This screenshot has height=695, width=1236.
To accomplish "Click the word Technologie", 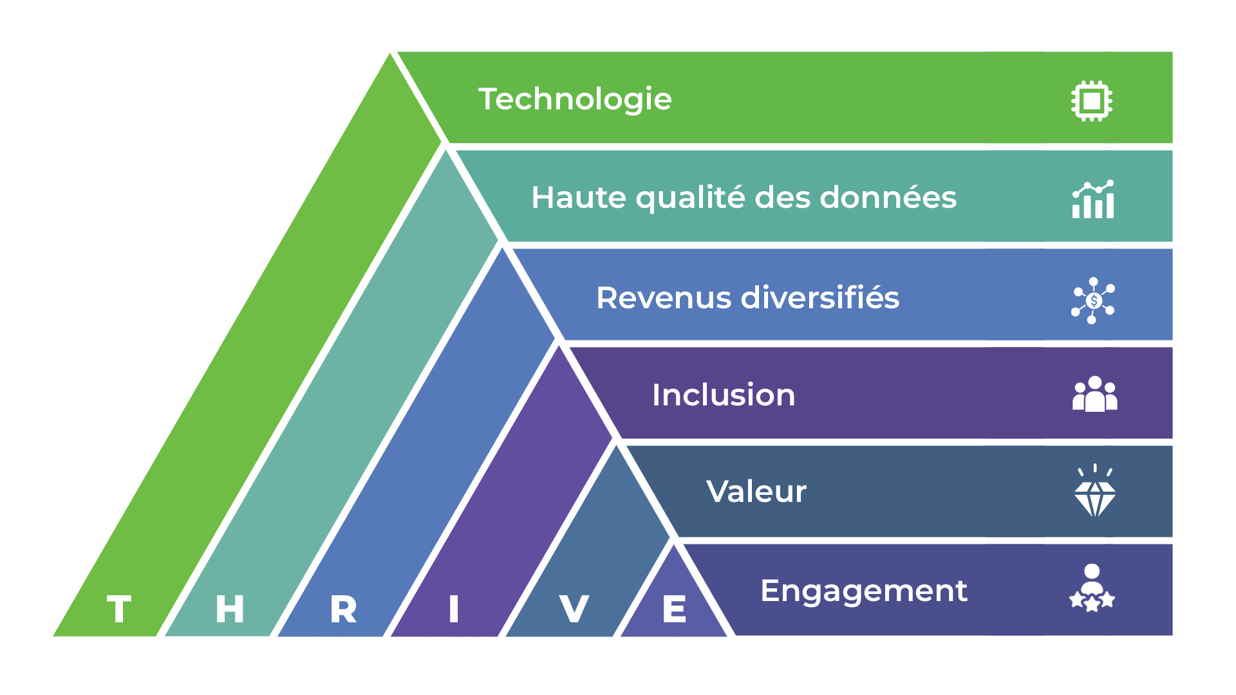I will click(575, 100).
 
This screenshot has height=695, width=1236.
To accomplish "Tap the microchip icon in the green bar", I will click(1092, 100).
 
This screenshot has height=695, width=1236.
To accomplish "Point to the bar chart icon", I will click(1093, 200).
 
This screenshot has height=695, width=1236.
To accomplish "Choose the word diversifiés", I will click(820, 298).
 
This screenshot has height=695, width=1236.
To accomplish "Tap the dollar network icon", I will click(1093, 301).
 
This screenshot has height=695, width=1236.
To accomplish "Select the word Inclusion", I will click(724, 395).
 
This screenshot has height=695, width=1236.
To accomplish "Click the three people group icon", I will click(1094, 394).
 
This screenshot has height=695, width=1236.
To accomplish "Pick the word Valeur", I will click(756, 492).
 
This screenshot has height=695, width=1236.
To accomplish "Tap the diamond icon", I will click(1094, 493).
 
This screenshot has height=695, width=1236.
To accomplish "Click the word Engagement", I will click(863, 591).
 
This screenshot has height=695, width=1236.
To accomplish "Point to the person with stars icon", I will click(1092, 588).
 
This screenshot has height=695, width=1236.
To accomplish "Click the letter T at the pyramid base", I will click(120, 609).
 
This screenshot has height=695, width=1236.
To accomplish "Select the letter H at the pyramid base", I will click(230, 609).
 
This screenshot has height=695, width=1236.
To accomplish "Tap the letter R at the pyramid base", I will click(343, 609).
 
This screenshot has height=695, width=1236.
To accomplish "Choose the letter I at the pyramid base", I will click(454, 609).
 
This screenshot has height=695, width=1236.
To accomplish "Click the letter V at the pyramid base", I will click(574, 609).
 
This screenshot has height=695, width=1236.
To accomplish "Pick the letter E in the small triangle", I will click(675, 609).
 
